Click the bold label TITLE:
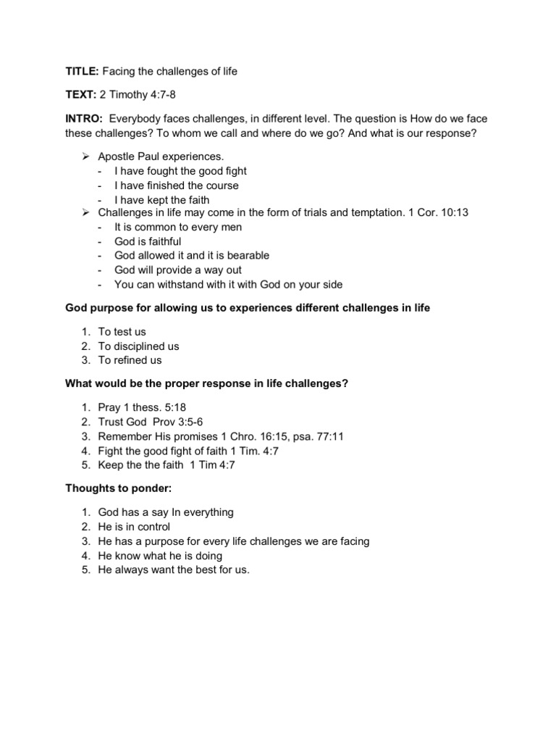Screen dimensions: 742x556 click(79, 71)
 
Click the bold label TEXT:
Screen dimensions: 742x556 click(78, 94)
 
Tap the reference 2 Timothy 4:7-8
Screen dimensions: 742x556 click(139, 94)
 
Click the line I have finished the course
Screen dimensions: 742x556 click(176, 185)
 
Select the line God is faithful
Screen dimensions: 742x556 click(148, 241)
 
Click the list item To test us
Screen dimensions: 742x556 click(122, 331)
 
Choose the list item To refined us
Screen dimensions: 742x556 click(130, 359)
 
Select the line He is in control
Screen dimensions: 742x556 click(134, 526)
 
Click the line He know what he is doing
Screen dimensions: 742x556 click(160, 555)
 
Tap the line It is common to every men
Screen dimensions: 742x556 click(178, 227)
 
